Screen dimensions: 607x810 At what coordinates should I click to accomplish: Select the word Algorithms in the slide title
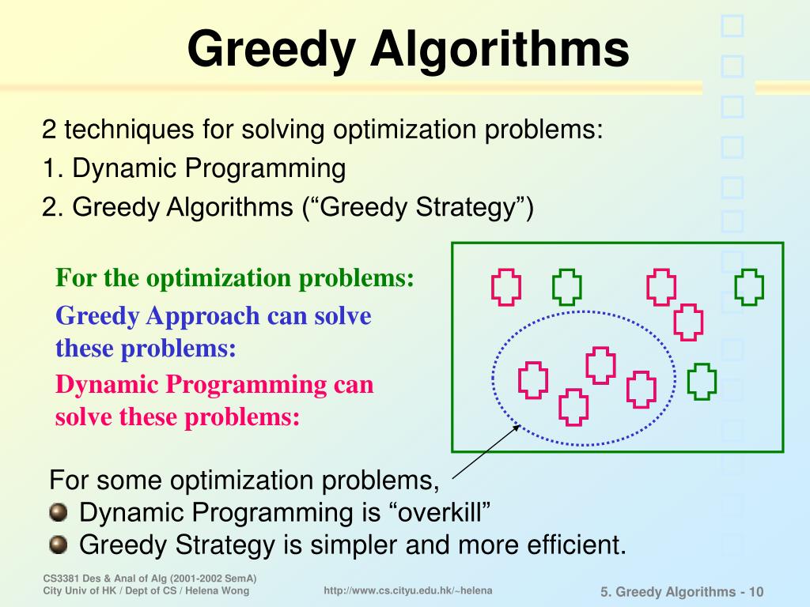point(500,49)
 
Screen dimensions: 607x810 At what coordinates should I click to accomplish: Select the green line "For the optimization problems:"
point(235,278)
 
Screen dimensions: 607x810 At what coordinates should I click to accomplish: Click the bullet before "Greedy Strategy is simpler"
point(58,545)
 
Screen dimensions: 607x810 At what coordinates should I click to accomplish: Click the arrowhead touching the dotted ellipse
point(517,428)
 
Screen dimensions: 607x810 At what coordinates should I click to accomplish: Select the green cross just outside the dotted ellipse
point(702,382)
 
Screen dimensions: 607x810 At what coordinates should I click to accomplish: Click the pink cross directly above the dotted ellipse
point(688,322)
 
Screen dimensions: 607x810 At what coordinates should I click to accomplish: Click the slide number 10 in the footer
point(756,592)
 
